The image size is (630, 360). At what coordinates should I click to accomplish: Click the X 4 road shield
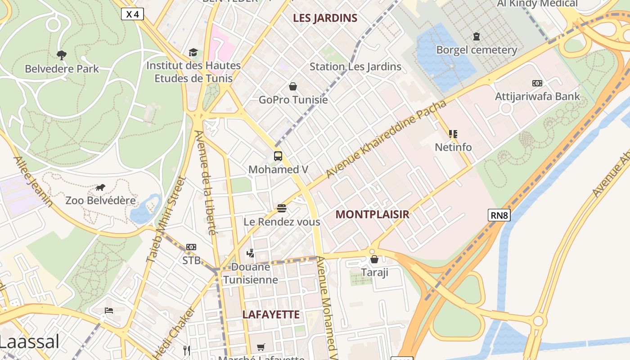(132, 14)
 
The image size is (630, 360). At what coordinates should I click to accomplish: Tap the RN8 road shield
(499, 215)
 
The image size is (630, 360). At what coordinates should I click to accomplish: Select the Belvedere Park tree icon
(62, 55)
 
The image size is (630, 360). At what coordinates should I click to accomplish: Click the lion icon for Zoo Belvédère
(100, 187)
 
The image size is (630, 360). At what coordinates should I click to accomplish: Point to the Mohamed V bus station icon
(278, 156)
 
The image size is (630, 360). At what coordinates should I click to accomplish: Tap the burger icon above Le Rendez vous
(282, 208)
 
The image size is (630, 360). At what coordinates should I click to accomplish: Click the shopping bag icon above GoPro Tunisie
(293, 86)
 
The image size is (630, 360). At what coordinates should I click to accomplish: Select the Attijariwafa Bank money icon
(537, 83)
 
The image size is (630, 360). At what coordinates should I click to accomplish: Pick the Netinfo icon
(453, 134)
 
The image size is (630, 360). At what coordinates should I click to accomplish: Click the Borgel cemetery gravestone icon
(477, 36)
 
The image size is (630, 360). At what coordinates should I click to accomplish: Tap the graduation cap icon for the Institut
(193, 52)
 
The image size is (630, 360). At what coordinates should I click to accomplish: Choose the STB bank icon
(191, 247)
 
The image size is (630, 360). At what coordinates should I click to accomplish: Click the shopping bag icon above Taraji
(374, 259)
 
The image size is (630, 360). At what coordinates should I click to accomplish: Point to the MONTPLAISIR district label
(372, 215)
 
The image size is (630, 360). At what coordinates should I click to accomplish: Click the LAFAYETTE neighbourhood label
(271, 315)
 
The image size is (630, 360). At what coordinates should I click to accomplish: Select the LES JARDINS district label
(325, 18)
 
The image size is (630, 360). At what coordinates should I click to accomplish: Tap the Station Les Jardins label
(355, 67)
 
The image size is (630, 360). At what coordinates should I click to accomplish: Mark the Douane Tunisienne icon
(251, 253)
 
